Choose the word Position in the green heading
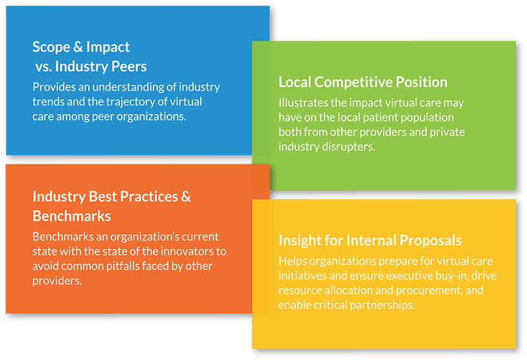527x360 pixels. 422,82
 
